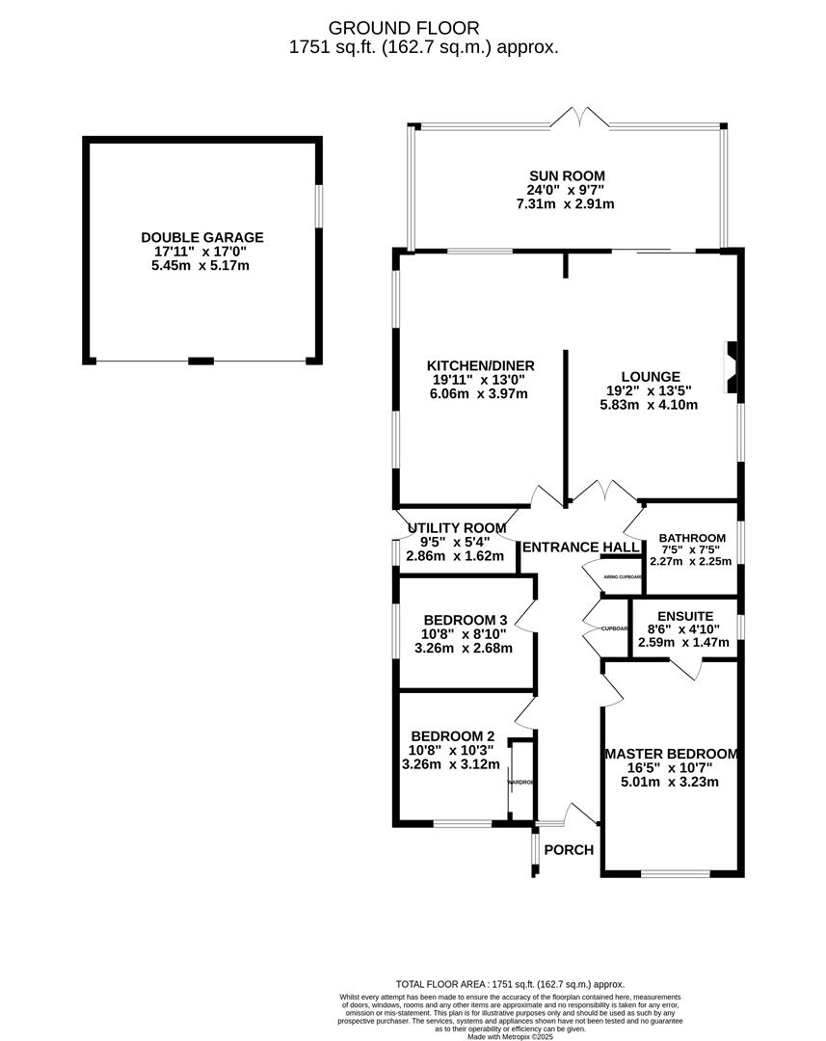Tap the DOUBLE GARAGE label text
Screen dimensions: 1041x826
[201, 237]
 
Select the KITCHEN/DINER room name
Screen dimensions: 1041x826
[480, 365]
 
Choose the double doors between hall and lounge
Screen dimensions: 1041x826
[603, 491]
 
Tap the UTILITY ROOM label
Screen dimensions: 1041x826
[457, 527]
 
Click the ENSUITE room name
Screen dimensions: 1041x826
[684, 616]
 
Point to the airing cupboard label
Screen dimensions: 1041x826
[622, 576]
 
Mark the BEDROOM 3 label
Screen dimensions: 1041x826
[466, 620]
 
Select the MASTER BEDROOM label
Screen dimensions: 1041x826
[671, 754]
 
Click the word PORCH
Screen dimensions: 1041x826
[569, 849]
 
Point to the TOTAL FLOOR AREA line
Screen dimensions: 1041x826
[511, 983]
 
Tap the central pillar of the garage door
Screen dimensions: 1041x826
[200, 360]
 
